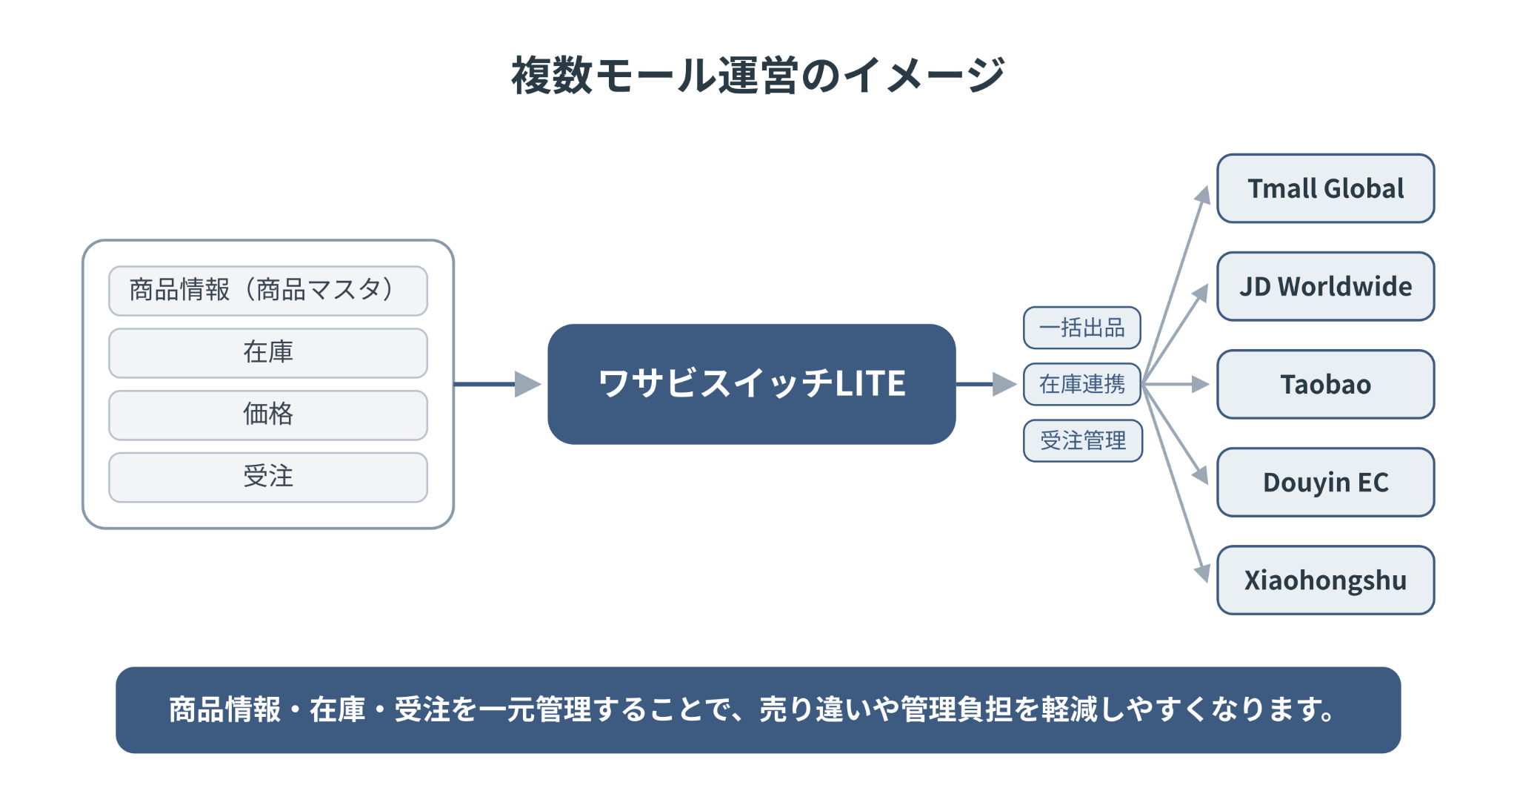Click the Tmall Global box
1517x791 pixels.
[x=1325, y=188]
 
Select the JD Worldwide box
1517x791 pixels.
[x=1325, y=286]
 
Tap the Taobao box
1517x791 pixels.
[x=1325, y=384]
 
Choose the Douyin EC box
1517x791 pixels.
[x=1325, y=482]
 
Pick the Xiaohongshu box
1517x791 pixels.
[x=1325, y=580]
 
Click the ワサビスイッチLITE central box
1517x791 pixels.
[x=751, y=384]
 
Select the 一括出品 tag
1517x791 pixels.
[x=1081, y=328]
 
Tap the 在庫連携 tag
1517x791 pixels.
[x=1081, y=384]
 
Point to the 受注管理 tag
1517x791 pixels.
[x=1082, y=440]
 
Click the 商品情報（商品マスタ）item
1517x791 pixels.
[x=268, y=291]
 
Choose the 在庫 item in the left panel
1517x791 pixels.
[x=268, y=353]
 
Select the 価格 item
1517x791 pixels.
[x=268, y=415]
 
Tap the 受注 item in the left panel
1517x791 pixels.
[x=268, y=477]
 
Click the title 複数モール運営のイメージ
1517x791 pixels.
[x=758, y=75]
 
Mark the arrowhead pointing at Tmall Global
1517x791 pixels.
[x=1203, y=195]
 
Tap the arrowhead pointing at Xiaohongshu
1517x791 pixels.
[x=1203, y=573]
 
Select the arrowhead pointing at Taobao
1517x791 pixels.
[x=1200, y=384]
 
